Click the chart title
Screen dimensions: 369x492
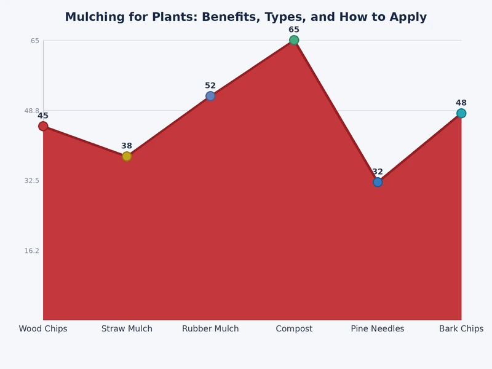(x=246, y=17)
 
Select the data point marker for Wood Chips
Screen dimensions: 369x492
(x=43, y=126)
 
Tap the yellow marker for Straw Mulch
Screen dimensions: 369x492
(x=127, y=156)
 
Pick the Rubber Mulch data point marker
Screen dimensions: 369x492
(x=210, y=96)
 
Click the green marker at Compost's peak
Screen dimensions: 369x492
(x=294, y=40)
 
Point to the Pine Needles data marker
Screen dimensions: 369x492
(x=378, y=182)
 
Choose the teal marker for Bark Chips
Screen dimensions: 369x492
(x=461, y=113)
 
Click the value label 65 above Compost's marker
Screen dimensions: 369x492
(x=294, y=30)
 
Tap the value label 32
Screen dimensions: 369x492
(x=378, y=172)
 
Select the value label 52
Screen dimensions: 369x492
(x=210, y=85)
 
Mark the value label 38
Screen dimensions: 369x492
(x=127, y=146)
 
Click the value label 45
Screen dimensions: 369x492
(x=43, y=116)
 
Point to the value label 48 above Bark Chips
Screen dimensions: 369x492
(x=461, y=103)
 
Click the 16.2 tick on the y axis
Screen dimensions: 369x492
(x=32, y=250)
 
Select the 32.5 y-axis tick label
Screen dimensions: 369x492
(x=32, y=181)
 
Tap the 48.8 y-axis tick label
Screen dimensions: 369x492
(x=32, y=111)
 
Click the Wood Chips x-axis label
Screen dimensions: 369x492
(x=43, y=329)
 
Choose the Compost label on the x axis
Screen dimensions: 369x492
(x=294, y=329)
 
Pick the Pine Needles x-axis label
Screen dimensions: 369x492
(x=378, y=329)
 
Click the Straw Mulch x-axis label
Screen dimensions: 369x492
(x=127, y=329)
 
